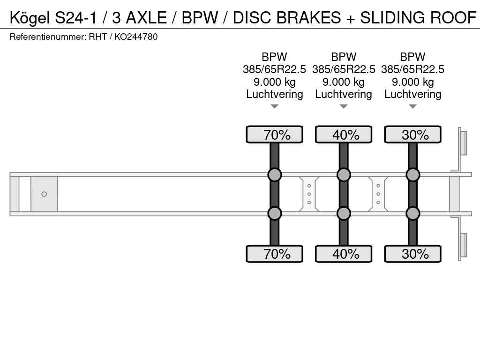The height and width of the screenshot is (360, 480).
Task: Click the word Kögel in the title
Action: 30,18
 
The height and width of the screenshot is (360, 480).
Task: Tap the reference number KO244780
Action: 136,37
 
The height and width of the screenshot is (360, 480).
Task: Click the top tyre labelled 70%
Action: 275,135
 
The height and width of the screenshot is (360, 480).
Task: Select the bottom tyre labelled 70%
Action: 275,254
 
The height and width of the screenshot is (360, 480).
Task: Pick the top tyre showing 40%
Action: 344,135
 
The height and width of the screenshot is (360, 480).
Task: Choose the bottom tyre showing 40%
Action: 344,254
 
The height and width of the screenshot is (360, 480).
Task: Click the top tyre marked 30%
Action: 412,135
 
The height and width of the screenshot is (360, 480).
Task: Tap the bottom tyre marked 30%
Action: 412,254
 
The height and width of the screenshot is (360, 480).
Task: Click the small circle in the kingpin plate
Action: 44,194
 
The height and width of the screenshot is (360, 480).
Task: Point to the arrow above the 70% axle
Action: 275,106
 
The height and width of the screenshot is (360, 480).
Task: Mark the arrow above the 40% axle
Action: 344,106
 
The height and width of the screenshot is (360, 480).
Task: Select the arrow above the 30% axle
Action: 412,106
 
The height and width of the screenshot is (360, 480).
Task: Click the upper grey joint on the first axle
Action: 275,175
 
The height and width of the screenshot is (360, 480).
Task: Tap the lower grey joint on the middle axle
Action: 344,213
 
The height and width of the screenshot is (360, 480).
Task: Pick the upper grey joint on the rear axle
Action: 412,175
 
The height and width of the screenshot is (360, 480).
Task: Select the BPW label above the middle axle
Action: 344,57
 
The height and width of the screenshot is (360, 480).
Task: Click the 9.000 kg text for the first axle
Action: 275,82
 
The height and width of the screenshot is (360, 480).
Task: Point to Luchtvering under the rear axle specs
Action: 412,94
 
